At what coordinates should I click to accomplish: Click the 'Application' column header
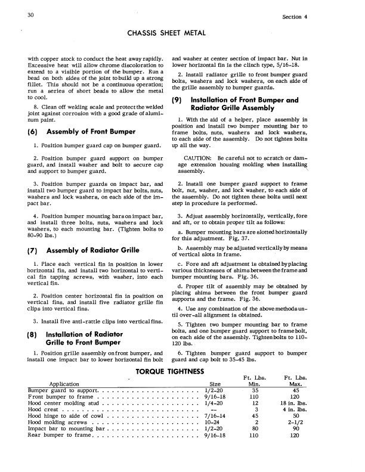click(70, 384)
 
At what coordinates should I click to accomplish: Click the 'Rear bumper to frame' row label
click(60, 436)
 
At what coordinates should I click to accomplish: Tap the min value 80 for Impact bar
click(255, 430)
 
